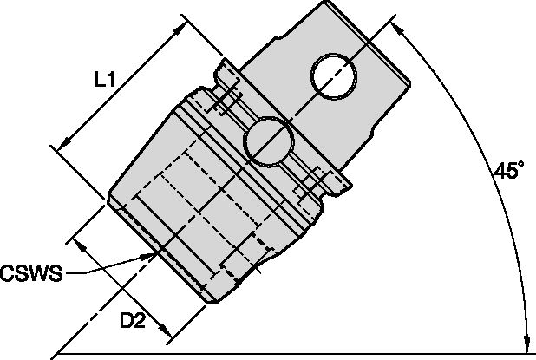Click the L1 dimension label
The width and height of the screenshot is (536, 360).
point(104,81)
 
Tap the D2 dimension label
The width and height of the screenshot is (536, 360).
point(132,322)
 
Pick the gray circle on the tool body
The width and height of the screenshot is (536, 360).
point(266,141)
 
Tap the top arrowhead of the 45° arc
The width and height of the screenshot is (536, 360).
point(404,29)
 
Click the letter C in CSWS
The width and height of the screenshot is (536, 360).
point(8,275)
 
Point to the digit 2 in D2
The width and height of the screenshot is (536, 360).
point(139,322)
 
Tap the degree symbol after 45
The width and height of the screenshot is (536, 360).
point(520,166)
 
